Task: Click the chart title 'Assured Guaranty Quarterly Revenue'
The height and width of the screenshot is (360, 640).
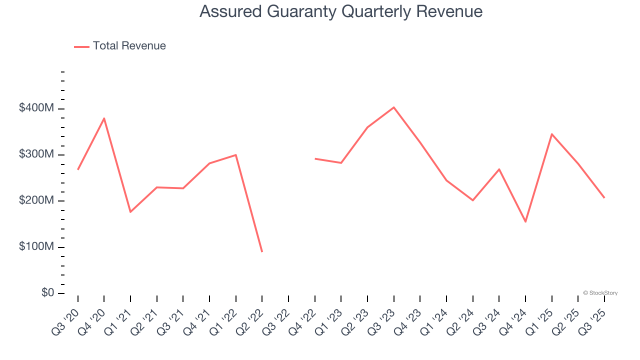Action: tap(341, 11)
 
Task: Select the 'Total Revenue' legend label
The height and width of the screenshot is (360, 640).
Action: tap(129, 46)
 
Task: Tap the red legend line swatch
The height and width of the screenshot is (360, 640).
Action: tap(81, 46)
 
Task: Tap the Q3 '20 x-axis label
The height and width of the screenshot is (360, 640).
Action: tap(66, 321)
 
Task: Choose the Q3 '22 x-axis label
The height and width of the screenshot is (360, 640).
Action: tap(276, 321)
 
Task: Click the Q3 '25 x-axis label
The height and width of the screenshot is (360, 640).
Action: tap(592, 321)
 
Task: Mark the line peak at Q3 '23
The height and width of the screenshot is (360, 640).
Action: tap(394, 107)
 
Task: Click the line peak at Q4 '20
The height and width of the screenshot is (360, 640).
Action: tap(104, 118)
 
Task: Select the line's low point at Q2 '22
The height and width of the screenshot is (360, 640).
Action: tap(262, 251)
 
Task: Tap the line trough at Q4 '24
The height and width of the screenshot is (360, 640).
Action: tap(525, 221)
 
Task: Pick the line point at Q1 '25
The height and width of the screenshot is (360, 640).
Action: tap(551, 134)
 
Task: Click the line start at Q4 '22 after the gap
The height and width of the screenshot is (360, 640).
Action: tap(315, 158)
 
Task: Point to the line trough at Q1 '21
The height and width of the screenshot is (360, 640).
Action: tap(130, 212)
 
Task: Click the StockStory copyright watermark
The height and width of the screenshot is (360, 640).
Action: tap(600, 293)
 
